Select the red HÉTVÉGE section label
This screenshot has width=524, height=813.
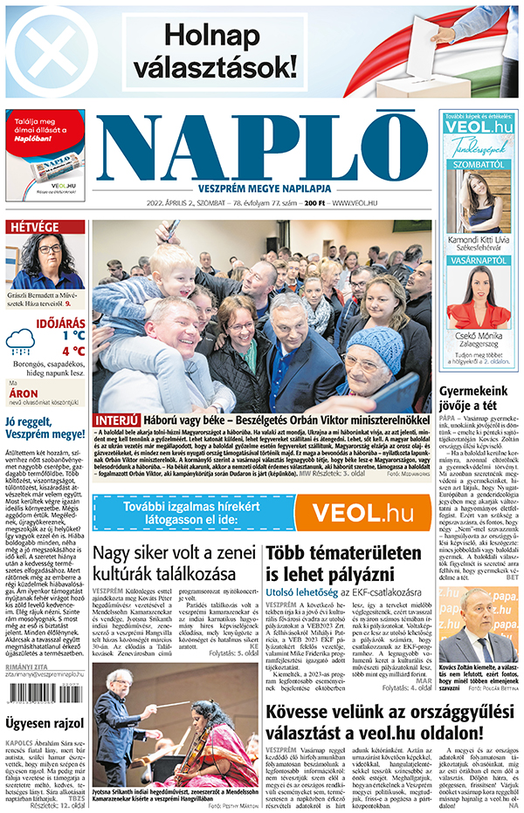pos(32,228)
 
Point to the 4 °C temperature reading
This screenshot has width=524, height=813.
pos(73,352)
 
